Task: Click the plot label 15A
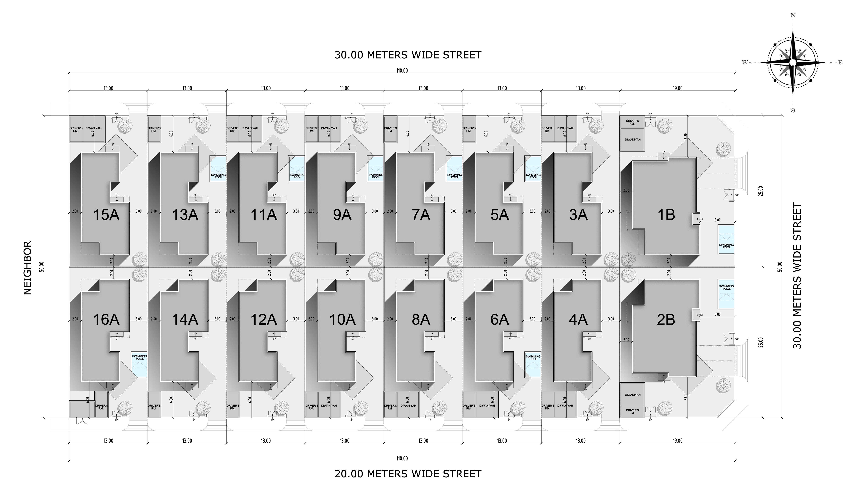tap(106, 215)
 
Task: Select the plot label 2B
tap(666, 320)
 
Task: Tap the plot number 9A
tap(342, 215)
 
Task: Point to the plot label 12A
tap(263, 320)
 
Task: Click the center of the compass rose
tap(793, 62)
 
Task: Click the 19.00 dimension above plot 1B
tap(677, 88)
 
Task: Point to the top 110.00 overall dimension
tap(402, 71)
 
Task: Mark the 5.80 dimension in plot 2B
tap(717, 314)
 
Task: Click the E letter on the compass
tap(840, 63)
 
